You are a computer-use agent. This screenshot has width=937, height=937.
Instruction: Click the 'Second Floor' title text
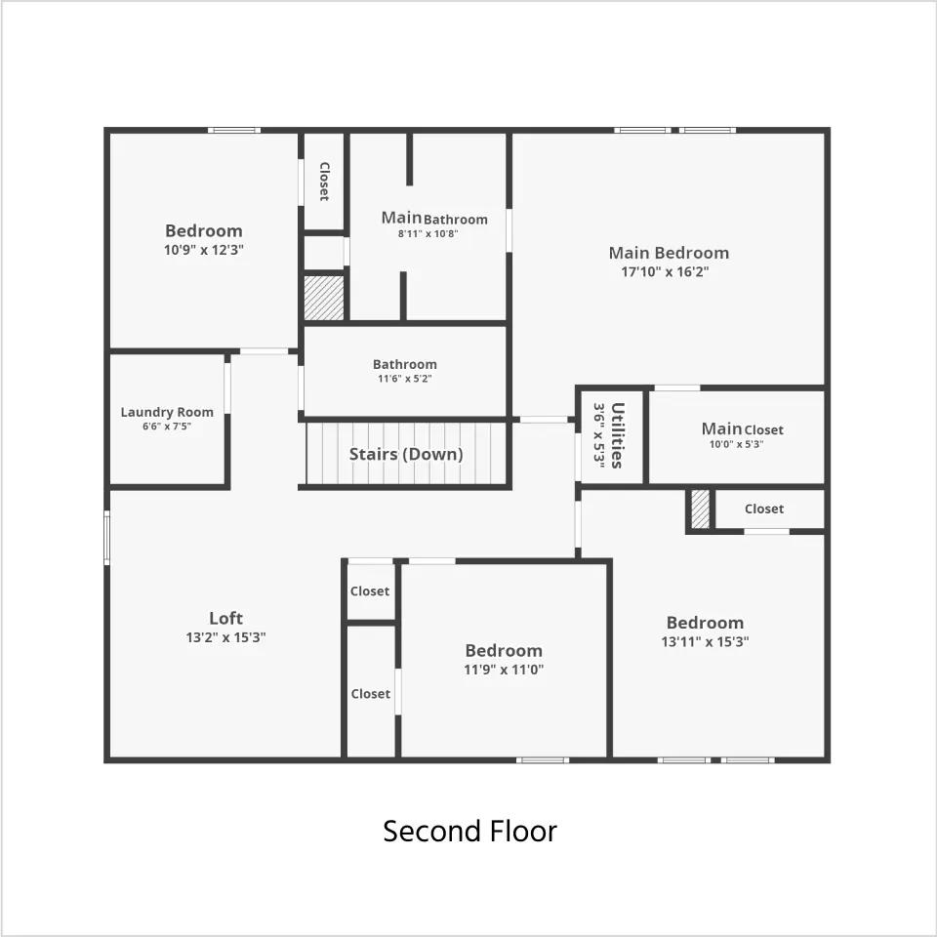[x=469, y=832]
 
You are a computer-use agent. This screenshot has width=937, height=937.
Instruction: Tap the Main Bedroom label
[x=669, y=253]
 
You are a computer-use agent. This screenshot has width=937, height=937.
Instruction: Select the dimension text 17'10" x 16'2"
[x=665, y=272]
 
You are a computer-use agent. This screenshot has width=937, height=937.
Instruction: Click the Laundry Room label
[x=167, y=412]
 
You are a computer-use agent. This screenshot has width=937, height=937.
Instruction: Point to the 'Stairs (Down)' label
[x=406, y=454]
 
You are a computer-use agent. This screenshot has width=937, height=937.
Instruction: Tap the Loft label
[x=225, y=618]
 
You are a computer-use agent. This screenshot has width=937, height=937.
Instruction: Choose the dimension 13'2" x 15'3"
[x=225, y=637]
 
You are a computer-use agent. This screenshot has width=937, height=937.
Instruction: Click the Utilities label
[x=618, y=435]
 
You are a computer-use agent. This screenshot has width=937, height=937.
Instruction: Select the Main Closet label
[x=742, y=429]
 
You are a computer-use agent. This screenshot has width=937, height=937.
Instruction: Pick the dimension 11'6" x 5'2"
[x=404, y=379]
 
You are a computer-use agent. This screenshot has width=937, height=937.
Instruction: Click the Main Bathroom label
[x=434, y=218]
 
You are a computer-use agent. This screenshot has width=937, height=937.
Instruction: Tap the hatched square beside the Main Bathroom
[x=324, y=297]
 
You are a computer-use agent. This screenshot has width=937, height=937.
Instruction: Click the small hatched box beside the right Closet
[x=701, y=509]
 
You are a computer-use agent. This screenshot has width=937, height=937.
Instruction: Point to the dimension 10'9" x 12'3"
[x=204, y=250]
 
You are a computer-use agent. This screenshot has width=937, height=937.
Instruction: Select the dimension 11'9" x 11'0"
[x=504, y=670]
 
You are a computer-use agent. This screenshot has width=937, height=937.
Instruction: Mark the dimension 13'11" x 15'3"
[x=705, y=642]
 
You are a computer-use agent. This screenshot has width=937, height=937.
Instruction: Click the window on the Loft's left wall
[x=107, y=537]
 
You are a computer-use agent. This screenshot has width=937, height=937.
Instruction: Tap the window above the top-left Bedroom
[x=234, y=130]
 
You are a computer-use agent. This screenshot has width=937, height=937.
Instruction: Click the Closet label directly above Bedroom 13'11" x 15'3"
[x=764, y=509]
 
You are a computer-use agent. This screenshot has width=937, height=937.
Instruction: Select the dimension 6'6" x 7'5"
[x=167, y=427]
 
